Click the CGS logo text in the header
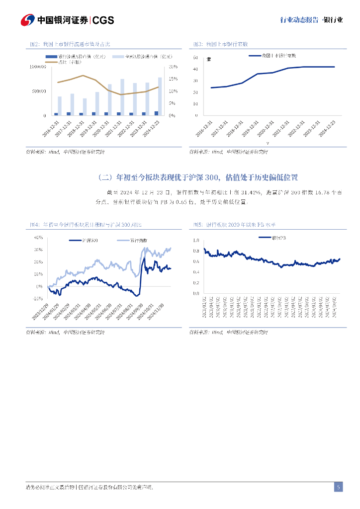click(103, 20)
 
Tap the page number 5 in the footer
click(338, 487)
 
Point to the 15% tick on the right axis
click(173, 79)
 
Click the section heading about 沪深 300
click(198, 177)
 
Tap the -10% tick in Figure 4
click(37, 299)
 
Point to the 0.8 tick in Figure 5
click(196, 251)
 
